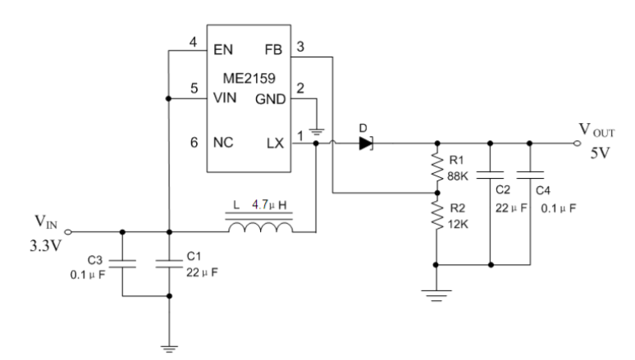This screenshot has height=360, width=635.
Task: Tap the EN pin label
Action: pos(223,51)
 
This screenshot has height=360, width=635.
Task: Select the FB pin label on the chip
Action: pos(274,51)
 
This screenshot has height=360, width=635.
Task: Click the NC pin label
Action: pos(223,141)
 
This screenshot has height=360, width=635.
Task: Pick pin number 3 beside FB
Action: pos(301,48)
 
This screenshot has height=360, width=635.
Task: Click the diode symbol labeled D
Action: pos(364,143)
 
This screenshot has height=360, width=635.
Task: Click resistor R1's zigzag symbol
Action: pos(436,168)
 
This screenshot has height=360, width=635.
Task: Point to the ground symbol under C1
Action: pos(168,346)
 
